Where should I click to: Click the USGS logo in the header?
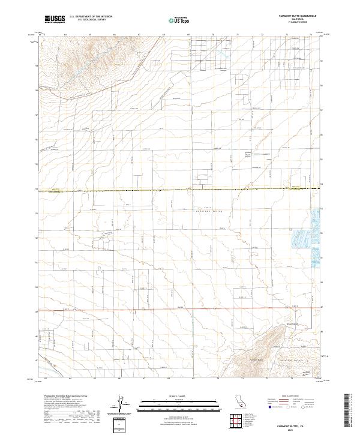pos(55,20)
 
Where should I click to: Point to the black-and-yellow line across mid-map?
pos(180,190)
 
